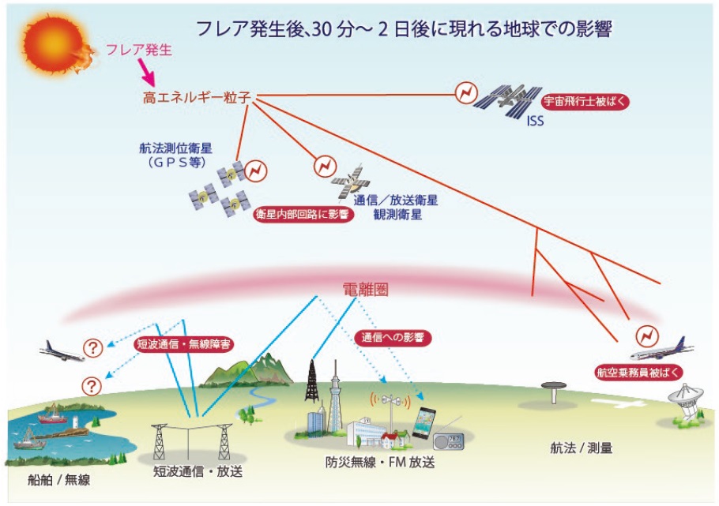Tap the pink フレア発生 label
138,51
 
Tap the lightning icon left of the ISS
465,96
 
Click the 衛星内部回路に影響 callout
301,215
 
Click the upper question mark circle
93,347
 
